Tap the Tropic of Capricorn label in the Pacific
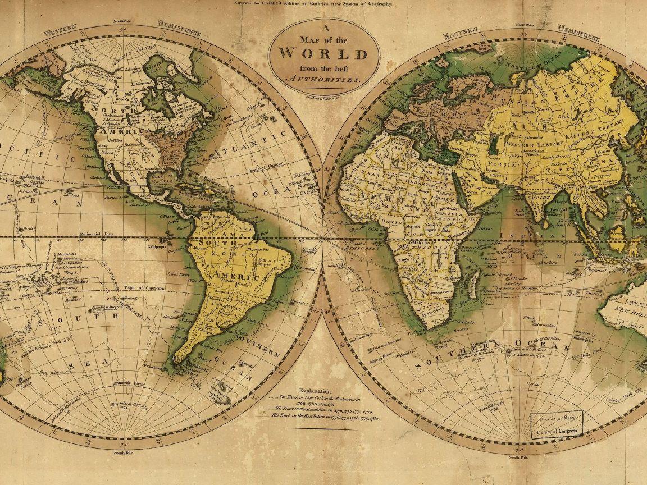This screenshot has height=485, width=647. coord(144,288)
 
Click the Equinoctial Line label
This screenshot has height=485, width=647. coord(99,233)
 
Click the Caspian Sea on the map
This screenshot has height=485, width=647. coord(494,145)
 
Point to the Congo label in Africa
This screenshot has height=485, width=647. coord(401,260)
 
